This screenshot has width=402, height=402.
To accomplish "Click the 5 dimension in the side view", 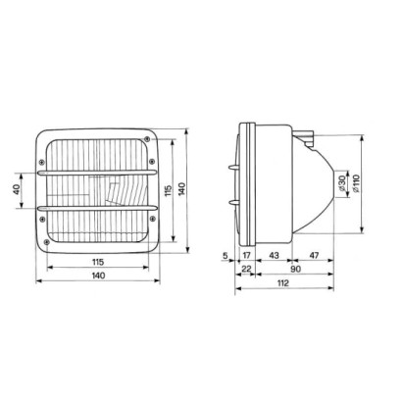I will coord(225,256).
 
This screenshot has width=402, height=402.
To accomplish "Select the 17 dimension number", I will coord(247,256).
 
